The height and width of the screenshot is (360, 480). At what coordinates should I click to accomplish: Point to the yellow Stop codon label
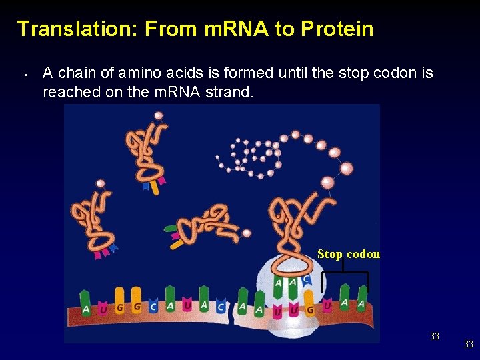tap(349, 254)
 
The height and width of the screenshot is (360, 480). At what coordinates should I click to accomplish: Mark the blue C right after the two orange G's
tap(153, 307)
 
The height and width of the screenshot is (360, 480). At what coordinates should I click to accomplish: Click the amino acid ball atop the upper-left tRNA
tap(159, 115)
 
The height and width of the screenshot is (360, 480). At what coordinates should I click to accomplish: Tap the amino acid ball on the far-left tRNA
tap(101, 183)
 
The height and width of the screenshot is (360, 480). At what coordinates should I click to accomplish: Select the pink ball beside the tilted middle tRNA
tap(246, 233)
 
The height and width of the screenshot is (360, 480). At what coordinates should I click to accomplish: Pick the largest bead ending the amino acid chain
tap(327, 182)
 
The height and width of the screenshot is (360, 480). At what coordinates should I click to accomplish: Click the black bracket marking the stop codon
tap(344, 274)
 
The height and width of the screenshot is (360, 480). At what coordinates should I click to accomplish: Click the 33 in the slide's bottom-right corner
tap(469, 344)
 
